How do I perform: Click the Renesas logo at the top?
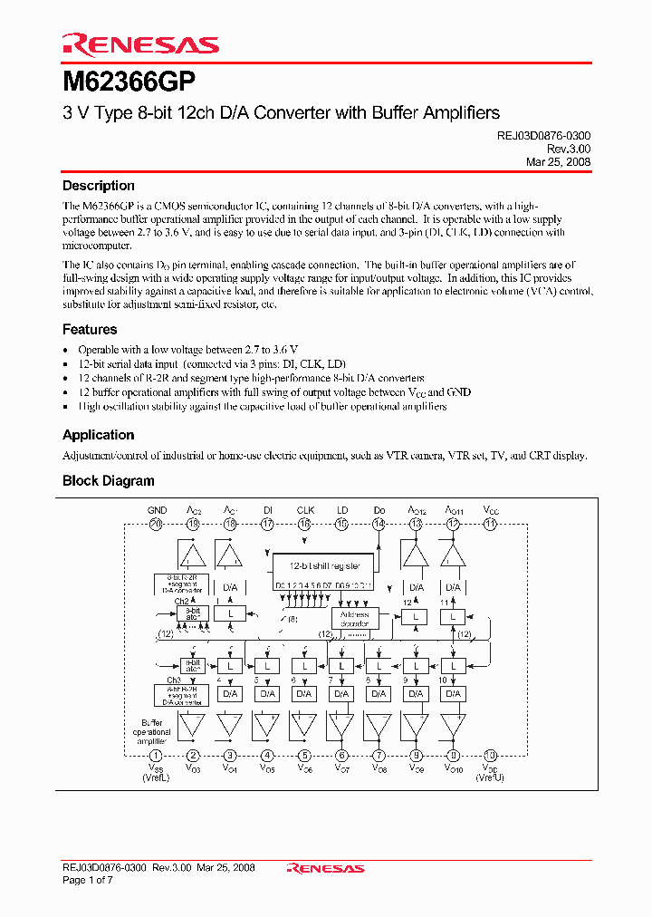[140, 44]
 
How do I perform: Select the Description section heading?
[98, 186]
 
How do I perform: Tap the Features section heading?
[90, 330]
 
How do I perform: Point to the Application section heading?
[98, 435]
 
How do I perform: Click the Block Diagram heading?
[108, 481]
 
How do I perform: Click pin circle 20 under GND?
[156, 524]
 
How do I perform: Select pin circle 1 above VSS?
[156, 756]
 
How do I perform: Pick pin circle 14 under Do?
[379, 524]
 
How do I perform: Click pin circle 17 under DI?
[267, 524]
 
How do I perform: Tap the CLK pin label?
[304, 511]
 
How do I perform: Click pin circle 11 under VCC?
[490, 524]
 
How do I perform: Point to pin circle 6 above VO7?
[341, 756]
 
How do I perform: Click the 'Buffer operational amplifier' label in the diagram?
[151, 731]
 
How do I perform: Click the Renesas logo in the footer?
[325, 868]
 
